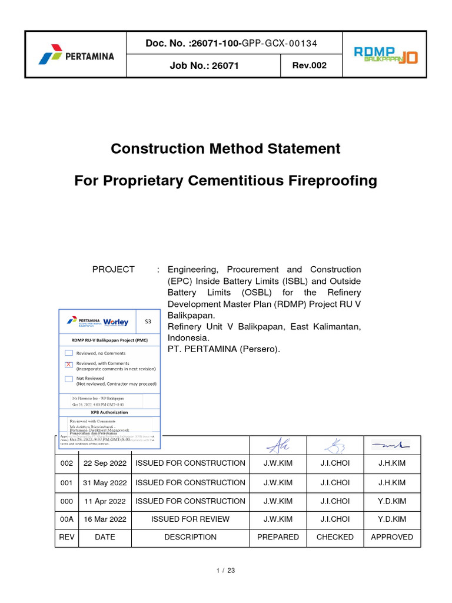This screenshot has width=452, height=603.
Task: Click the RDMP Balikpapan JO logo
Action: click(x=385, y=55)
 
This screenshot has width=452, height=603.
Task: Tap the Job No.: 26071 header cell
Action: click(x=204, y=66)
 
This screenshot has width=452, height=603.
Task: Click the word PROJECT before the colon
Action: click(x=114, y=269)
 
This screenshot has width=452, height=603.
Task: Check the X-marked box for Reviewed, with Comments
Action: click(x=69, y=365)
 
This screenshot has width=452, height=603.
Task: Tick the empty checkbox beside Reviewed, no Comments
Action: click(x=69, y=353)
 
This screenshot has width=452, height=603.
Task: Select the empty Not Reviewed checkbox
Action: click(x=69, y=379)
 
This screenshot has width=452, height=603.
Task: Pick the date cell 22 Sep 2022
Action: click(x=105, y=463)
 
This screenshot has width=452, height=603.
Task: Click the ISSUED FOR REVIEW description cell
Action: click(x=190, y=519)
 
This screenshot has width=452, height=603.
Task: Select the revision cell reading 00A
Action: click(x=67, y=519)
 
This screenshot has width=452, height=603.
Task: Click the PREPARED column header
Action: click(x=278, y=537)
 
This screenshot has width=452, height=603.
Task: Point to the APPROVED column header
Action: click(x=392, y=537)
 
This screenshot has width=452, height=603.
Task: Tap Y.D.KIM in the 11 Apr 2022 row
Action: click(x=392, y=501)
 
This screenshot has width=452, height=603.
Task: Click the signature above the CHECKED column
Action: click(x=335, y=445)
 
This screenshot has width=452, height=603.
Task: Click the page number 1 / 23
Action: click(x=226, y=571)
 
